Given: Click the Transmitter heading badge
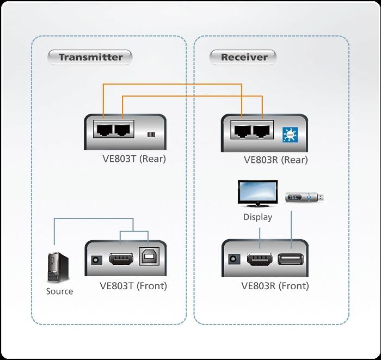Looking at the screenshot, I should click(x=90, y=57).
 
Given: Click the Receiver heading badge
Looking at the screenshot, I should click(x=243, y=57).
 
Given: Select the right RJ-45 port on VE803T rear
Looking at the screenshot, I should click(x=122, y=130).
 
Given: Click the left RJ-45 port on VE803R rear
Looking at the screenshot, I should click(x=242, y=130).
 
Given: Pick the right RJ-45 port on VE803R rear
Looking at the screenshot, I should click(x=262, y=130).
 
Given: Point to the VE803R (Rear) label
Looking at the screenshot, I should click(x=275, y=160).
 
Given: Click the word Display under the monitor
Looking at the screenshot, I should click(x=257, y=217).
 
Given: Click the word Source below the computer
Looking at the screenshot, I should click(x=59, y=291).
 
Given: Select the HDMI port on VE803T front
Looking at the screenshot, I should click(x=121, y=259).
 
